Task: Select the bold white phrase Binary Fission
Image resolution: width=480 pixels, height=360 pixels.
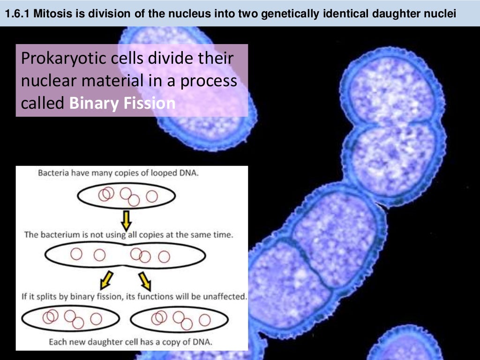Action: pyautogui.click(x=122, y=103)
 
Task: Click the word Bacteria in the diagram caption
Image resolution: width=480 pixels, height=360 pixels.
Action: pyautogui.click(x=53, y=172)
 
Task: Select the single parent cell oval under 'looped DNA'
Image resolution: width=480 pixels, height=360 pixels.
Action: pyautogui.click(x=127, y=195)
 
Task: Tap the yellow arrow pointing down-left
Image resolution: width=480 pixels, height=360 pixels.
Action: pyautogui.click(x=106, y=280)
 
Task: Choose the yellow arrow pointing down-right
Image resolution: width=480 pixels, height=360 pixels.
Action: pyautogui.click(x=145, y=280)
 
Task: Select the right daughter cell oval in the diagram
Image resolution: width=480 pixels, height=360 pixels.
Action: pyautogui.click(x=179, y=320)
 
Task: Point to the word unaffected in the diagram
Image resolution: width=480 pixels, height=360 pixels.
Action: pyautogui.click(x=225, y=296)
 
